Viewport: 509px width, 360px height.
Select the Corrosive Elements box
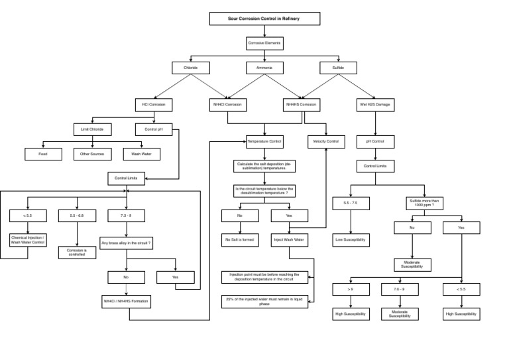point(264,44)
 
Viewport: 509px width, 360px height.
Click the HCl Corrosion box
point(153,105)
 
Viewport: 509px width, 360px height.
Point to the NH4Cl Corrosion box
point(227,105)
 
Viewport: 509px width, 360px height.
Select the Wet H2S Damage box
point(375,105)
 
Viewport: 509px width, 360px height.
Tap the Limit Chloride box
point(92,129)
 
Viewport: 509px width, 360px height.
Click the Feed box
point(44,154)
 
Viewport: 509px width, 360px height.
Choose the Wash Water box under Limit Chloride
point(141,154)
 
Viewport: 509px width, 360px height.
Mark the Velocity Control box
point(326,141)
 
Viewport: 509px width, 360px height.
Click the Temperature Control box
point(264,141)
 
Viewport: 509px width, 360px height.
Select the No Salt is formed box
point(240,241)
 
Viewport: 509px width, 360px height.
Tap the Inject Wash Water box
point(289,241)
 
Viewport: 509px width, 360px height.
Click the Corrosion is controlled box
point(78,253)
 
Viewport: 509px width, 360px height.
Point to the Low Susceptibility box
point(351,241)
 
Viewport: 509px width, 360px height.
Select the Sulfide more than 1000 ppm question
point(424,204)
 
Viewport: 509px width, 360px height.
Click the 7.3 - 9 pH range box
point(126,215)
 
